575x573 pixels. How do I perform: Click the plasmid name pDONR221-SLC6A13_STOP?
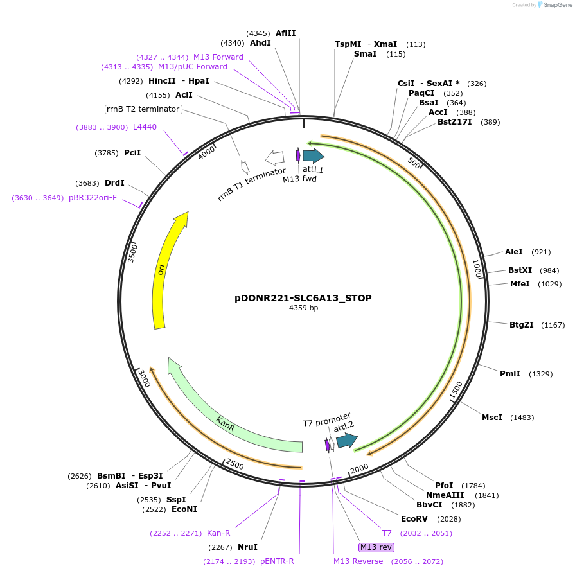coord(303,298)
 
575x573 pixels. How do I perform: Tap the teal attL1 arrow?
coord(313,155)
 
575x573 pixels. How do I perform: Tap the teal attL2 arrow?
coord(346,440)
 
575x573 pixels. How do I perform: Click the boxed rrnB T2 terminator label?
coord(143,109)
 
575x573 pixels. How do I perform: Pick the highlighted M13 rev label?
coord(376,547)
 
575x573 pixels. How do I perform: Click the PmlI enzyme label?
coord(509,374)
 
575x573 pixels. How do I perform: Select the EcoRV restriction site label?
coord(414,519)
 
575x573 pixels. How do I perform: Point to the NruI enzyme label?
coord(247,547)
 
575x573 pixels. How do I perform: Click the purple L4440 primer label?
coord(145,127)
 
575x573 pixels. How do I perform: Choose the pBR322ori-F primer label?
coord(93,198)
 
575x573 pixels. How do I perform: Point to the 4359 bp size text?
coord(303,308)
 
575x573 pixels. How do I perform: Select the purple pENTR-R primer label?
coord(277,561)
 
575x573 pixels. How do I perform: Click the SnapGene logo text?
coord(556,4)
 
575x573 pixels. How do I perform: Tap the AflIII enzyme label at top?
coord(286,33)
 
